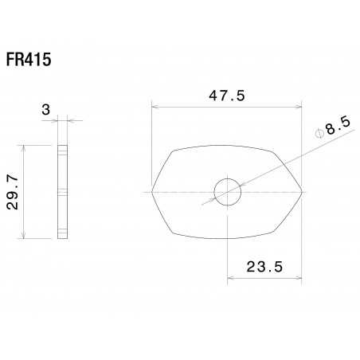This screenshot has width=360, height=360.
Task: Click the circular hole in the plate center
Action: tap(227, 191)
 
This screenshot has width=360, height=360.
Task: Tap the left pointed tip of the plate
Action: tap(152, 191)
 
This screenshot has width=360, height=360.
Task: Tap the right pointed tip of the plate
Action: tap(303, 191)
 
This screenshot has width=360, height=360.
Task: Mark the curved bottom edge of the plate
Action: tap(227, 238)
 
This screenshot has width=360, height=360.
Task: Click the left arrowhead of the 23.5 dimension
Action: tap(230, 278)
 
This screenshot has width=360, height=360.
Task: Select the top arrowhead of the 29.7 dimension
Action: tap(27, 147)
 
